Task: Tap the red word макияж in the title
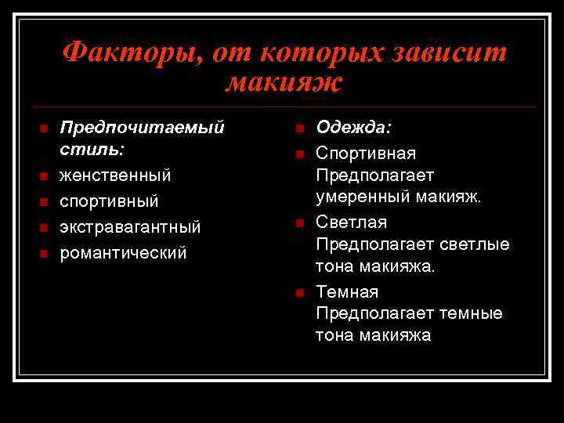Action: (284, 82)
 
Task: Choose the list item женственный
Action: (116, 174)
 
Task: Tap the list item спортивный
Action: (109, 201)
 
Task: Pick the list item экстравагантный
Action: (131, 227)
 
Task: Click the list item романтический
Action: (124, 253)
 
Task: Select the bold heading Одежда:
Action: (354, 127)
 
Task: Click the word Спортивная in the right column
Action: (366, 153)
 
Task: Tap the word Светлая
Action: (351, 223)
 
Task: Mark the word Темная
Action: (347, 292)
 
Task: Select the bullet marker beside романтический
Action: (43, 253)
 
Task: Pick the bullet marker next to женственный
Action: (43, 175)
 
